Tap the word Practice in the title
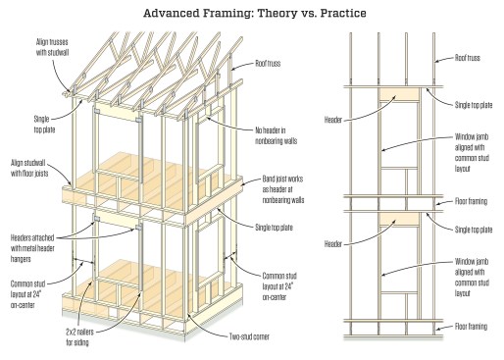pos(343,13)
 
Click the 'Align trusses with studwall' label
pos(52,47)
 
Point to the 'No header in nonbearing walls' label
pos(276,135)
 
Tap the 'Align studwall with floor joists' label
pos(29,168)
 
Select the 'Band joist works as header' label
pos(283,189)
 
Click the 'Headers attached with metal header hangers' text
pos(32,248)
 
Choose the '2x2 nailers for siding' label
pos(79,337)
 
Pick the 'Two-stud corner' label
pos(249,336)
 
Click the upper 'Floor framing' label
pos(471,201)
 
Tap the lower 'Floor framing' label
pos(471,327)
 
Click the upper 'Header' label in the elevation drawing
pos(333,120)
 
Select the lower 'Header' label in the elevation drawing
pos(333,244)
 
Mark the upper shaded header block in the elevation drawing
pos(399,94)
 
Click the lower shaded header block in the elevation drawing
pos(399,219)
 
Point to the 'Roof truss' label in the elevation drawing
pos(468,58)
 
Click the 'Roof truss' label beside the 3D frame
pos(268,64)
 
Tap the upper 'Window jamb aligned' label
pos(472,153)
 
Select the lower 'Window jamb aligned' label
pos(472,278)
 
